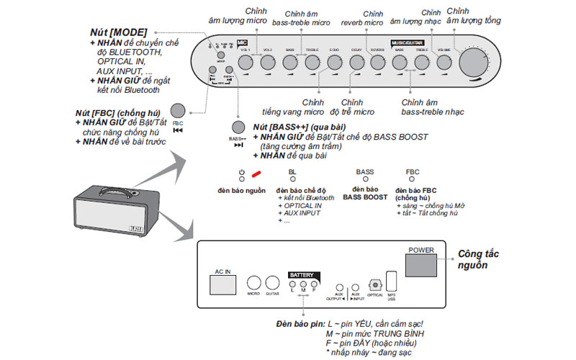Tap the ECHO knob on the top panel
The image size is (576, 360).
click(x=334, y=62)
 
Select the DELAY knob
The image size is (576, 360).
click(x=356, y=62)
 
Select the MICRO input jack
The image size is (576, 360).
click(x=254, y=283)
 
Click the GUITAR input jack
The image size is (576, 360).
click(x=272, y=283)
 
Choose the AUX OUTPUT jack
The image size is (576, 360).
click(x=340, y=287)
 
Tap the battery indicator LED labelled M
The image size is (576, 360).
click(x=304, y=282)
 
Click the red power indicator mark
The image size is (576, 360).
click(x=256, y=174)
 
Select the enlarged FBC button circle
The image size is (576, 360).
click(x=178, y=111)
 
